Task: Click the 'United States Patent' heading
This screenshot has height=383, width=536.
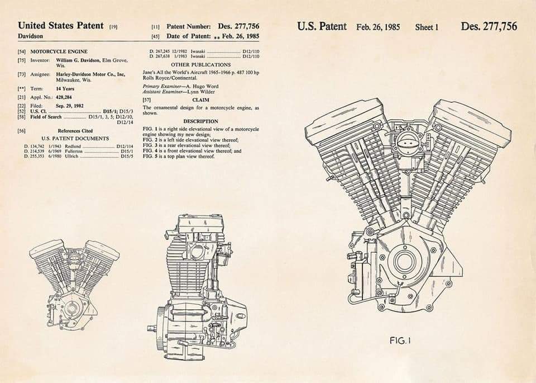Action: tap(60, 25)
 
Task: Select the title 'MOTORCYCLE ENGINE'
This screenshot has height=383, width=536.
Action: tap(59, 51)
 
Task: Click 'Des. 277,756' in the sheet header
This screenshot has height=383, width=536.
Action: tap(489, 26)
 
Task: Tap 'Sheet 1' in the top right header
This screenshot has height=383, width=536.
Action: tap(427, 27)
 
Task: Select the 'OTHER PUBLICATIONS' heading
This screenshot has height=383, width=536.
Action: tap(200, 65)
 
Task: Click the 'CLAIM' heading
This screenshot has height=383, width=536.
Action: tap(200, 99)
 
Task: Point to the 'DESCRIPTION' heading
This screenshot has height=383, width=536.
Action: tap(200, 121)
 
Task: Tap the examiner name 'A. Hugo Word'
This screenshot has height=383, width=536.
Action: tap(200, 86)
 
